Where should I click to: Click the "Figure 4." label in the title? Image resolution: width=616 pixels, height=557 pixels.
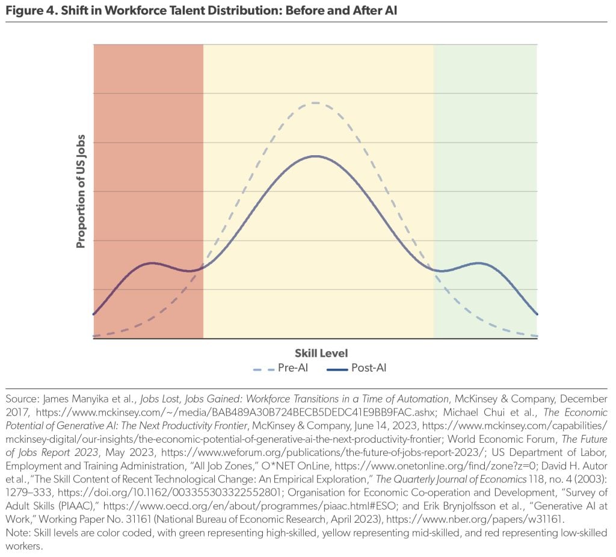coord(31,10)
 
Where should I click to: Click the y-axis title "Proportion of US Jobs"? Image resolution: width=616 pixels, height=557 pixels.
coord(81,191)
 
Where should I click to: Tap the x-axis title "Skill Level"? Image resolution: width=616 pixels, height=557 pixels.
coord(321,353)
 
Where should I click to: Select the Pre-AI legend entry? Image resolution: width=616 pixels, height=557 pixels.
coord(280,368)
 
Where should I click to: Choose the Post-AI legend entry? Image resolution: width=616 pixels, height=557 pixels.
coord(357,368)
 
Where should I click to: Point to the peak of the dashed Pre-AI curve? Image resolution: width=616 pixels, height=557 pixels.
coord(315,103)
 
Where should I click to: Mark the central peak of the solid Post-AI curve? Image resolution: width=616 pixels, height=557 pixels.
coord(315,156)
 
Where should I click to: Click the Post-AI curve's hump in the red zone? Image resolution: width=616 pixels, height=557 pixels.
coord(152,263)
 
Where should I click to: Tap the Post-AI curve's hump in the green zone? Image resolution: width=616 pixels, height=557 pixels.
coord(478,263)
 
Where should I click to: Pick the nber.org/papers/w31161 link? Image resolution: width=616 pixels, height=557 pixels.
coord(475,520)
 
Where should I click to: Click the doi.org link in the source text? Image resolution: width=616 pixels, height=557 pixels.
coord(170,493)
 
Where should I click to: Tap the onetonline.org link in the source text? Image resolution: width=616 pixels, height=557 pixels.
coord(435,466)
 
